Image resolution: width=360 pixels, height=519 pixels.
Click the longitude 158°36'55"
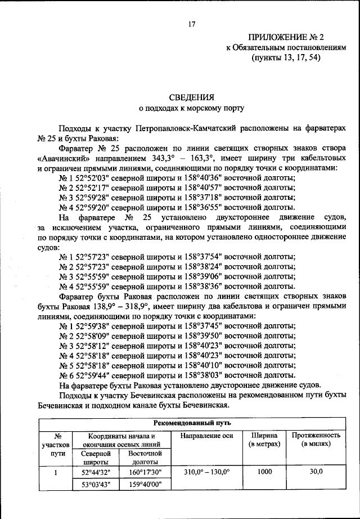click(x=201, y=207)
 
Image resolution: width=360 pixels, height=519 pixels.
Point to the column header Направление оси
click(x=205, y=436)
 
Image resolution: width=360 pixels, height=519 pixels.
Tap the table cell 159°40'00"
click(x=145, y=484)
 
